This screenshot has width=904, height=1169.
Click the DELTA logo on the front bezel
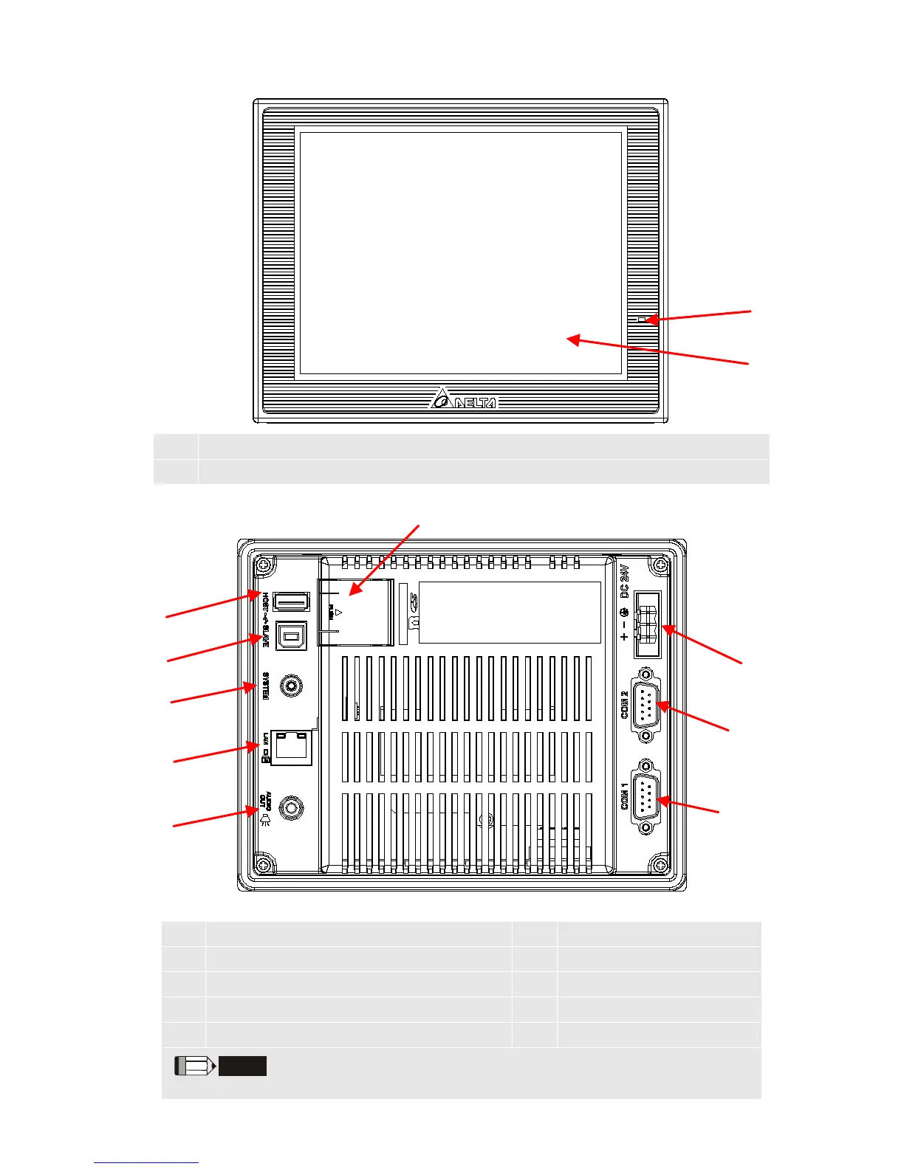coord(464,400)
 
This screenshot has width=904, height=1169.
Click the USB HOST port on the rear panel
coord(291,601)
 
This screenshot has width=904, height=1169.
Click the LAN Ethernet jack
coord(292,748)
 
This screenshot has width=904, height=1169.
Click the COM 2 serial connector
coord(646,705)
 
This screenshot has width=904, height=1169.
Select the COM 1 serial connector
coord(646,797)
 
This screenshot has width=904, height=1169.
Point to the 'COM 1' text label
coord(625,797)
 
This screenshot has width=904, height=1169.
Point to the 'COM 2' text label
coord(625,705)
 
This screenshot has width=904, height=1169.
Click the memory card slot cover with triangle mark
coord(355,612)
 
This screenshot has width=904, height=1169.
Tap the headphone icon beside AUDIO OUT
coord(264,819)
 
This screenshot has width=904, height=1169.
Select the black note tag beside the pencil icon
coord(242,1066)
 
